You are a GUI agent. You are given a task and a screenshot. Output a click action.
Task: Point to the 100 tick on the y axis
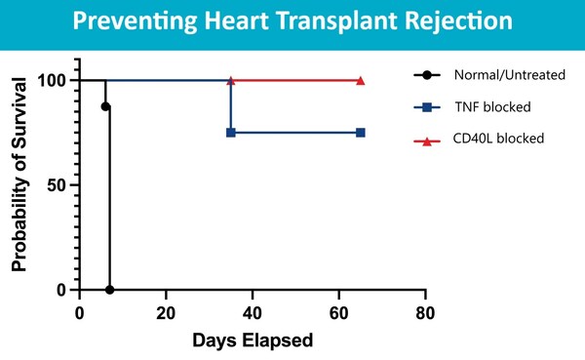click(x=55, y=80)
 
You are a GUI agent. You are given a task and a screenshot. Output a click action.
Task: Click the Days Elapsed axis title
click(x=253, y=340)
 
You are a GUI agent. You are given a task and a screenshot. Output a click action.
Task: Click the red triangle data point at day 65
click(x=361, y=80)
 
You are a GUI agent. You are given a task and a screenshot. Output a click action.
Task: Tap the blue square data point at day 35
click(x=231, y=132)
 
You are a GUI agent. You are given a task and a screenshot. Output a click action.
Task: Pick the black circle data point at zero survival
click(x=110, y=290)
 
